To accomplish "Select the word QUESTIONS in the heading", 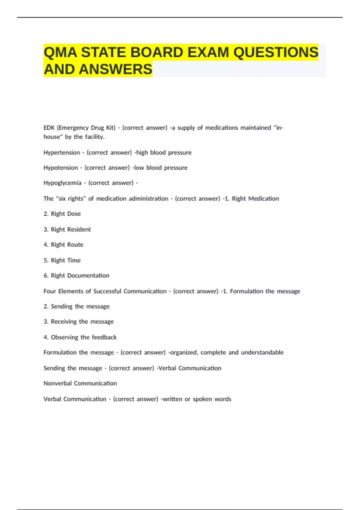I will [x=276, y=52].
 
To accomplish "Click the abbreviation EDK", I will [x=49, y=128].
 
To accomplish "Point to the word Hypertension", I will [x=61, y=153].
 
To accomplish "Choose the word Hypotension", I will [x=61, y=168].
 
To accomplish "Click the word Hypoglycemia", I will [x=62, y=183].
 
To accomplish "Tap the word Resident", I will [x=79, y=229].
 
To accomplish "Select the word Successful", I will [x=107, y=291].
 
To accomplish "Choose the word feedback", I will [x=104, y=337].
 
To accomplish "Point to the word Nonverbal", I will [x=57, y=383].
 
